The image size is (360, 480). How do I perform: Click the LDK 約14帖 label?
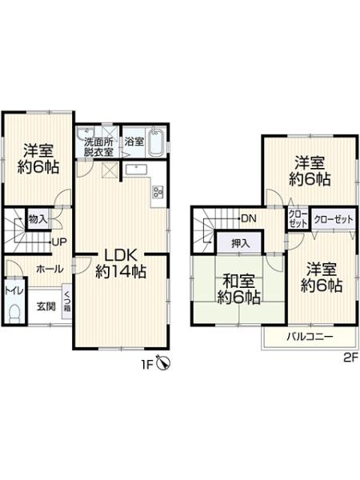pyautogui.click(x=121, y=263)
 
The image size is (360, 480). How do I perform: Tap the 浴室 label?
pyautogui.click(x=134, y=142)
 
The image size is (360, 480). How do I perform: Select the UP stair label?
pyautogui.click(x=59, y=242)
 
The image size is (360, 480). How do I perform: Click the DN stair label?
pyautogui.click(x=248, y=218)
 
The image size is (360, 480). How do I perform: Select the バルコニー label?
pyautogui.click(x=310, y=337)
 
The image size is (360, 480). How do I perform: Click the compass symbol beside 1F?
pyautogui.click(x=163, y=363)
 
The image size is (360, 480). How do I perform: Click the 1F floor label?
pyautogui.click(x=146, y=363)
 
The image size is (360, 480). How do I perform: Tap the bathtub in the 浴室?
pyautogui.click(x=157, y=142)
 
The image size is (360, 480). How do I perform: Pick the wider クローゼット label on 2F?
pyautogui.click(x=332, y=218)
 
